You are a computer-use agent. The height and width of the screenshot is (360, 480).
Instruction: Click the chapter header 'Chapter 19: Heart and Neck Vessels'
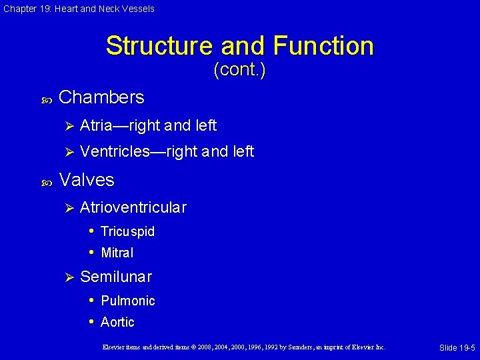coord(79,9)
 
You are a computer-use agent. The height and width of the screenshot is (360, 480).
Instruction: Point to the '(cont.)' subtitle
coord(239,70)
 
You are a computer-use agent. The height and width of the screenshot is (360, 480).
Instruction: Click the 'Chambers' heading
coord(101,97)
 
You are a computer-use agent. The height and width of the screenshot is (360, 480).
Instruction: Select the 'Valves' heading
coord(87,180)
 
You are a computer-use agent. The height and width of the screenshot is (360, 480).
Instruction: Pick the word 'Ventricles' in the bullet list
coord(113,152)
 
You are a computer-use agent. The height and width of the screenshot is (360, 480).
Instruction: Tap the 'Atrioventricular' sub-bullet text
coord(133,207)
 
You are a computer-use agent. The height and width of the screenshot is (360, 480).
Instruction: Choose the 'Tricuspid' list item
coord(127,232)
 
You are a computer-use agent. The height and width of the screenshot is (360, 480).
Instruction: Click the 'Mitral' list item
coord(117,253)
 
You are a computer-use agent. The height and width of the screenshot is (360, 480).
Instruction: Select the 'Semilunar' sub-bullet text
coord(116,277)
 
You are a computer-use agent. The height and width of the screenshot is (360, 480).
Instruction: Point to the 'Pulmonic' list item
coord(127,301)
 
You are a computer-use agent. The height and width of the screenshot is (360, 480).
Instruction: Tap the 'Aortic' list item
coord(117,322)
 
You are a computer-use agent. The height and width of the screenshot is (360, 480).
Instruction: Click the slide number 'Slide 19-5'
coord(457,348)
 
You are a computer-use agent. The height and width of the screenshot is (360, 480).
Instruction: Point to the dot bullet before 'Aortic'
coord(92,322)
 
